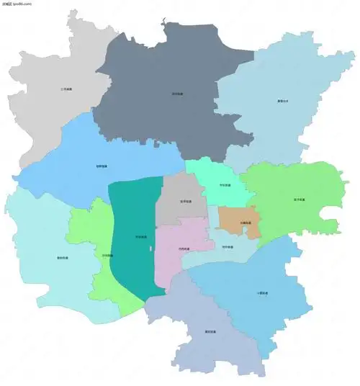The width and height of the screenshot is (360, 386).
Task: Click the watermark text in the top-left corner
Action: tap(17, 4)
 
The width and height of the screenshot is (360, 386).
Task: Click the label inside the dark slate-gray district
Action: tap(177, 94)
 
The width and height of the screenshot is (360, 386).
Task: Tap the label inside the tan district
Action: tap(246, 223)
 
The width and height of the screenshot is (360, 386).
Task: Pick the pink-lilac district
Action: tap(180, 238)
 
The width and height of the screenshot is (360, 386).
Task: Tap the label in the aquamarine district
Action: tap(225, 185)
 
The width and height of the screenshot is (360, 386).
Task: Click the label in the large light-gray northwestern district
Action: tap(66, 89)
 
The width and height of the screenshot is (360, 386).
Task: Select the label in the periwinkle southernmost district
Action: tap(210, 331)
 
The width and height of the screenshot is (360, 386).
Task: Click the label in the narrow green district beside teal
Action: tap(107, 255)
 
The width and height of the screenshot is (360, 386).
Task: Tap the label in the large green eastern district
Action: tap(299, 199)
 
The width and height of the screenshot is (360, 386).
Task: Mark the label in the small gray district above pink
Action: tap(186, 202)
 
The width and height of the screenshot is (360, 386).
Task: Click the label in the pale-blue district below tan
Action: tap(227, 247)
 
